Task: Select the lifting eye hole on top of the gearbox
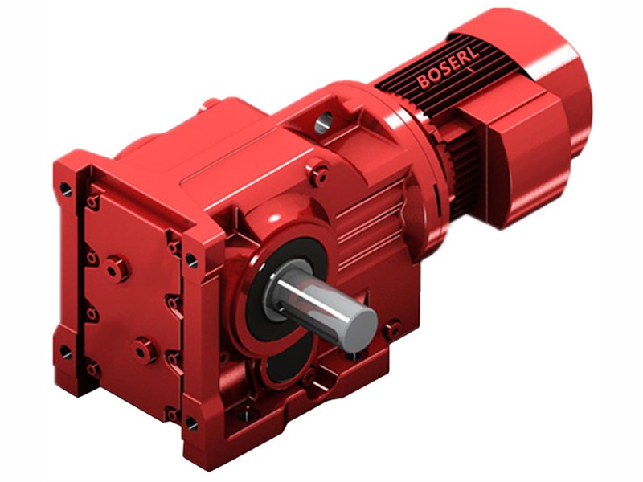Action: (323, 122)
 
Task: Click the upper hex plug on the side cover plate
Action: (118, 268)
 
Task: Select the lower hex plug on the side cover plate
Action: (144, 349)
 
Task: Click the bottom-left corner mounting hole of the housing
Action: (65, 352)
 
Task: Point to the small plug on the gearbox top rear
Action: (211, 104)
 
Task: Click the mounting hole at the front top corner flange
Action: (190, 259)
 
